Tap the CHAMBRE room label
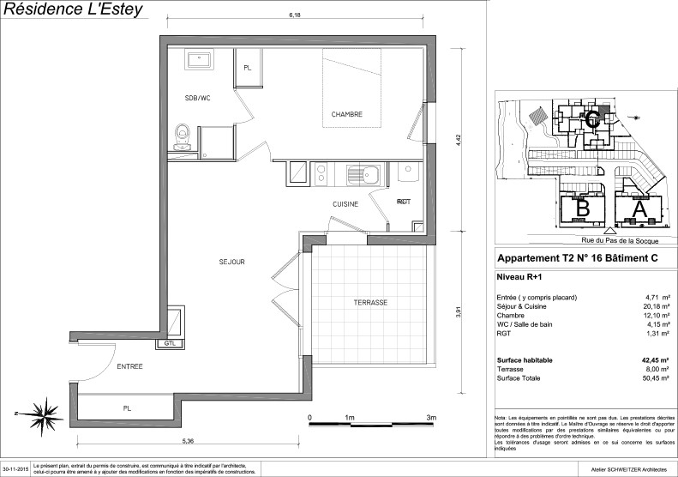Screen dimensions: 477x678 point(347,114)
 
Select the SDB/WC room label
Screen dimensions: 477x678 point(197,99)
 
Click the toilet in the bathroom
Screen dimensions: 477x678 point(181,135)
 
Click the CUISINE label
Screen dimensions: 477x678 point(346,206)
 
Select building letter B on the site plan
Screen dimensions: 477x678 point(583,208)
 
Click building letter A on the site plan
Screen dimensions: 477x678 point(638,208)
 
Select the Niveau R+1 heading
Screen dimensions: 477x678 point(521,276)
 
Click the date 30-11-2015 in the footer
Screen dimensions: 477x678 point(16,470)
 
